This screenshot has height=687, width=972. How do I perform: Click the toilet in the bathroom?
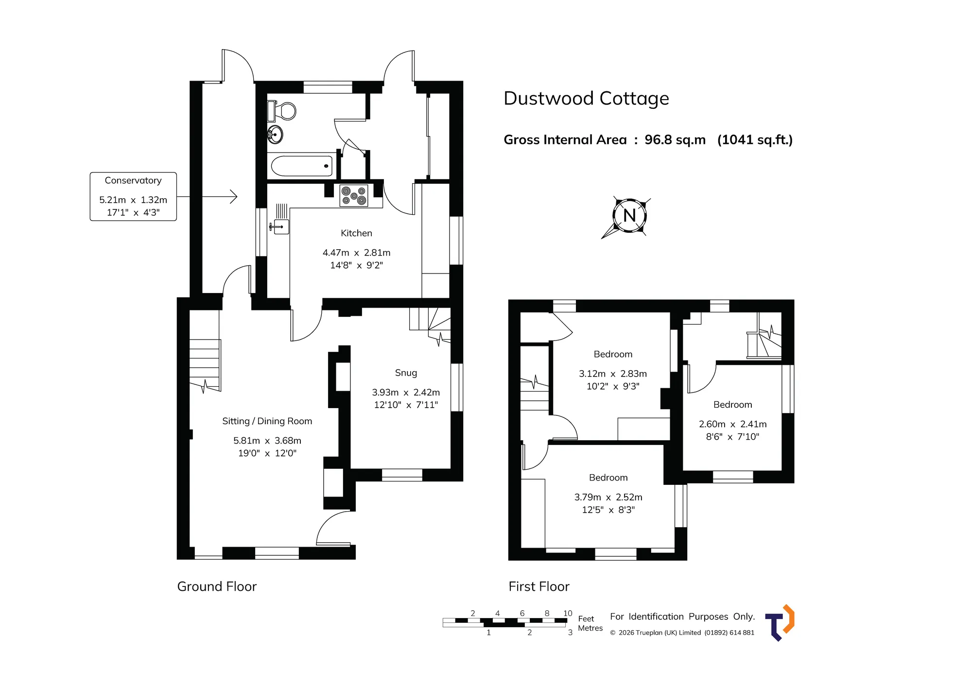tap(281, 111)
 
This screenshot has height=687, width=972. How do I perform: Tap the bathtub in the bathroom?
tap(302, 166)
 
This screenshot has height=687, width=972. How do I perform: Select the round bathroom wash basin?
tap(276, 134)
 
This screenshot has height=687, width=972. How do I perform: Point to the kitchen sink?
tap(280, 226)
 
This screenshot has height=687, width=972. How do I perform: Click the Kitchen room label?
tap(356, 233)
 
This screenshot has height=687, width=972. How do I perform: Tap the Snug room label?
tap(406, 373)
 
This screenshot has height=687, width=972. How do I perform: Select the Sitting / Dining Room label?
tap(267, 421)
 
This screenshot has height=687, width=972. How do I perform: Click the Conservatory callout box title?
tap(133, 181)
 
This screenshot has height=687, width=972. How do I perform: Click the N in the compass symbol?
tap(629, 215)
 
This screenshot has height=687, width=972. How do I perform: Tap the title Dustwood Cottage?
tap(586, 99)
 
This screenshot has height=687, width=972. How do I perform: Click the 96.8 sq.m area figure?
tap(675, 140)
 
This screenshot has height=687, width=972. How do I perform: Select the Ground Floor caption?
tap(217, 586)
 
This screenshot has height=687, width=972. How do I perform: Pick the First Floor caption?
tap(539, 586)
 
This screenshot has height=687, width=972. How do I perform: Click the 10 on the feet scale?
tap(568, 613)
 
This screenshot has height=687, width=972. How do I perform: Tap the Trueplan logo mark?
tap(780, 623)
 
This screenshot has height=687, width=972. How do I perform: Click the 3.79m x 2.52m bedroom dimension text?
tap(608, 497)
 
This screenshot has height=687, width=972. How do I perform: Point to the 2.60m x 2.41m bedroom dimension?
tap(732, 424)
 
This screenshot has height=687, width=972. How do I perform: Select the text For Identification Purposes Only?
tap(682, 617)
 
